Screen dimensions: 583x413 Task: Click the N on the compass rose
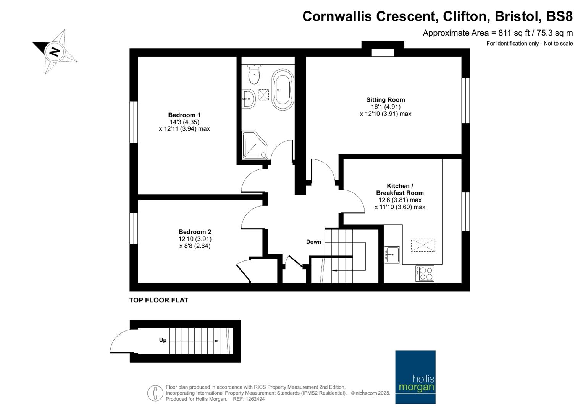point(54,52)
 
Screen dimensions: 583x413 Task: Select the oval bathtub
point(283,89)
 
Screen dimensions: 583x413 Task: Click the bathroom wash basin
point(249,99)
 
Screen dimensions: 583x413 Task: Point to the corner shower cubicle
point(255,145)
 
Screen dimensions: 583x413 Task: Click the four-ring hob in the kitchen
point(425,273)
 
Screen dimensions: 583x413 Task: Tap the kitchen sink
point(392,255)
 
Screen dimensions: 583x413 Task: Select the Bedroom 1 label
point(184,115)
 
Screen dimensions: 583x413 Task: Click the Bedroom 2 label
point(195,232)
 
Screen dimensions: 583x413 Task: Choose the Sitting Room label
point(386,99)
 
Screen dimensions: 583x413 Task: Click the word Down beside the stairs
point(313,242)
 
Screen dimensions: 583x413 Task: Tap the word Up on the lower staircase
point(163,340)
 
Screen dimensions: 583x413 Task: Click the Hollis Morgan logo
point(415,377)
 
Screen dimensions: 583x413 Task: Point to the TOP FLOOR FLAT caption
point(159,300)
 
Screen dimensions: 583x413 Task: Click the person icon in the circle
point(155,393)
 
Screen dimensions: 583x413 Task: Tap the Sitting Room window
point(466,100)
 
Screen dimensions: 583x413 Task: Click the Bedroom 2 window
point(134,228)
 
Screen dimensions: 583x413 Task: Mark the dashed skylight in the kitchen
point(423,245)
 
